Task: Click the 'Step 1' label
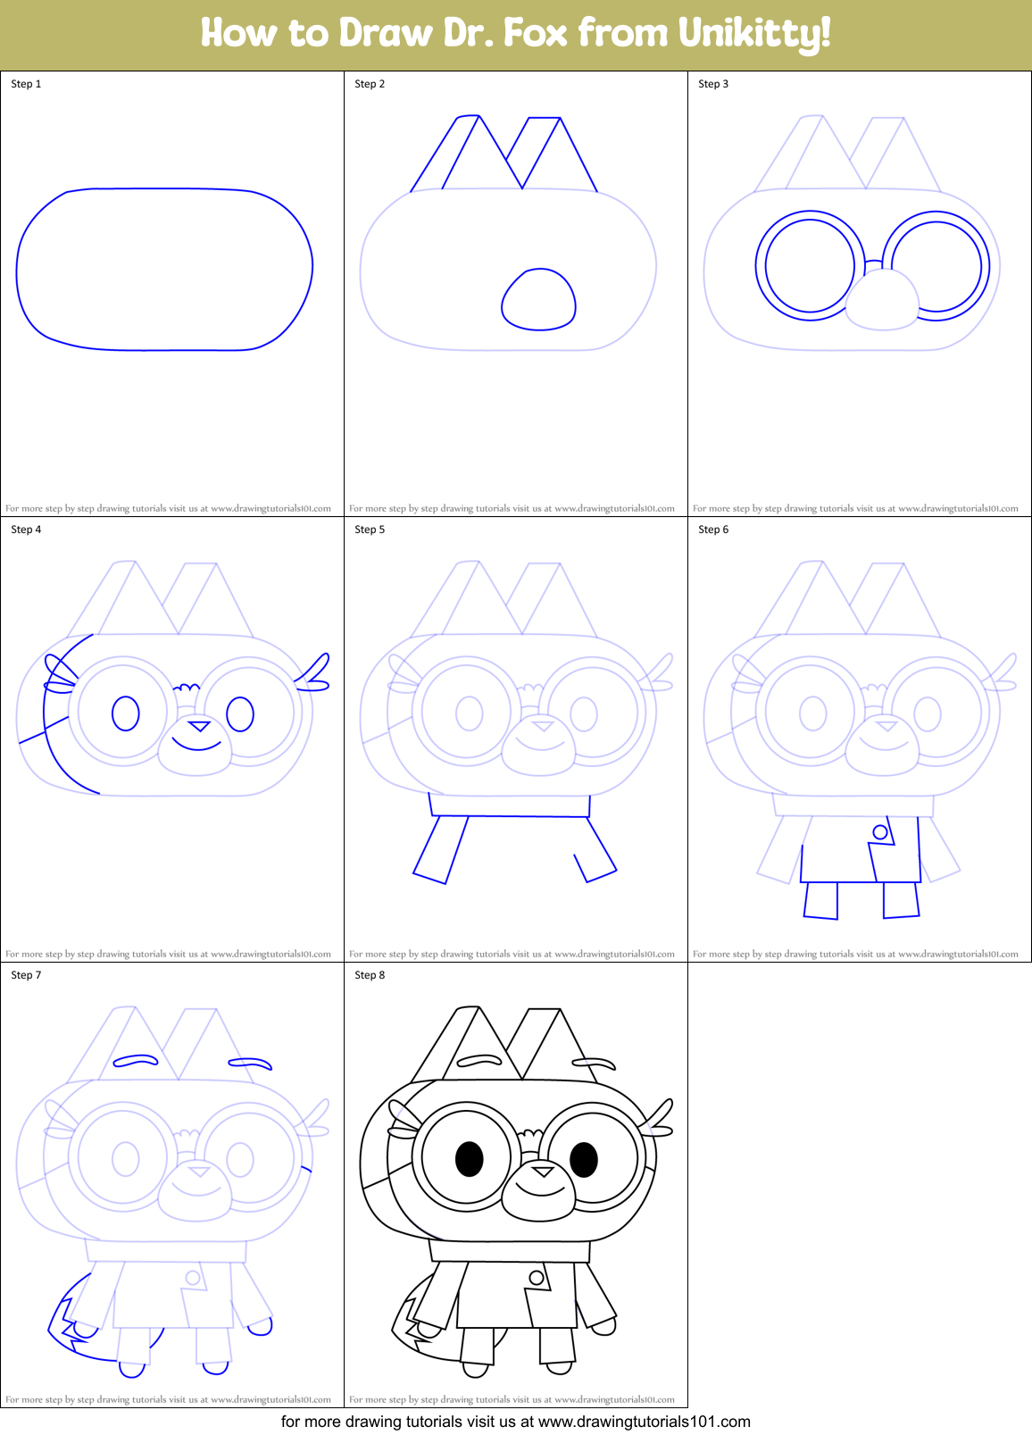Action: click(x=26, y=84)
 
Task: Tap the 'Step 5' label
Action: click(x=370, y=530)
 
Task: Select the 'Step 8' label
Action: click(x=370, y=975)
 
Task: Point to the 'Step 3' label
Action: click(x=713, y=84)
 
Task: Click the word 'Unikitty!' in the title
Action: click(x=754, y=33)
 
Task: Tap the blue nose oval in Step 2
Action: click(x=538, y=299)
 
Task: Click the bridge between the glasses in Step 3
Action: click(x=873, y=262)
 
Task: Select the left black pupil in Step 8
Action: click(x=469, y=1159)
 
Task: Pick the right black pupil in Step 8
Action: click(x=584, y=1160)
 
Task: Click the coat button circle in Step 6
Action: click(x=880, y=832)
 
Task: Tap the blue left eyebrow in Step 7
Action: click(x=135, y=1061)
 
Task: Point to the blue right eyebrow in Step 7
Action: click(x=251, y=1064)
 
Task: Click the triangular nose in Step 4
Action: click(x=199, y=726)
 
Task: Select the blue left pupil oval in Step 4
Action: click(x=126, y=713)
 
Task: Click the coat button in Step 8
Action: click(x=537, y=1278)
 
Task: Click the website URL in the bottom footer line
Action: click(x=644, y=1422)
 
